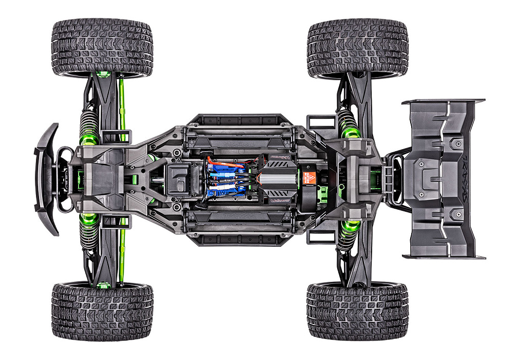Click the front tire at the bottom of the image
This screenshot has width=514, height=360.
102,311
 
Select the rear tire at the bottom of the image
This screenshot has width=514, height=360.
358,311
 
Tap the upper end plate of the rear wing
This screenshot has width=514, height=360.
443,101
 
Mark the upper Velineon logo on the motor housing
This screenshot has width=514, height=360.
280,157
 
